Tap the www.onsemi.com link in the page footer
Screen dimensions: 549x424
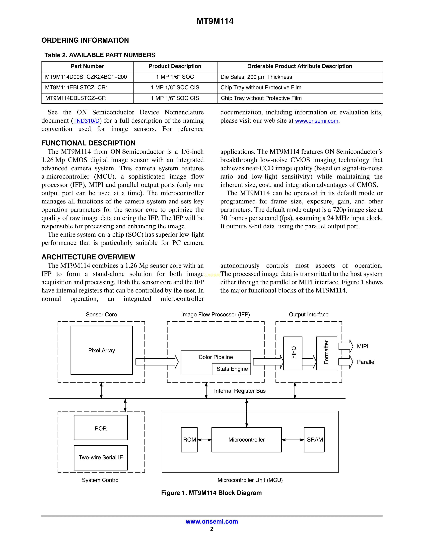click(x=212, y=521)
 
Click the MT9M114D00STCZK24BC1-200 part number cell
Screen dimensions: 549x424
click(x=86, y=77)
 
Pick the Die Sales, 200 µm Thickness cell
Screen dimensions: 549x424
click(x=256, y=77)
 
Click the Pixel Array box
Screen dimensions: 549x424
click(x=101, y=350)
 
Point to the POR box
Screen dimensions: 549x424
click(x=101, y=428)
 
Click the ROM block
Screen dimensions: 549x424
click(x=189, y=440)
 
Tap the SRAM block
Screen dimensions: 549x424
click(x=314, y=440)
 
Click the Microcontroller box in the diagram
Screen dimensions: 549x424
click(x=246, y=440)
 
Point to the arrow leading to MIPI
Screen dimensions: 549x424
click(x=346, y=346)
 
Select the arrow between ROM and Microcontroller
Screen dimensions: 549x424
click(x=205, y=440)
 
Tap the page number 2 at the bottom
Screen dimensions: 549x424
click(x=212, y=529)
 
